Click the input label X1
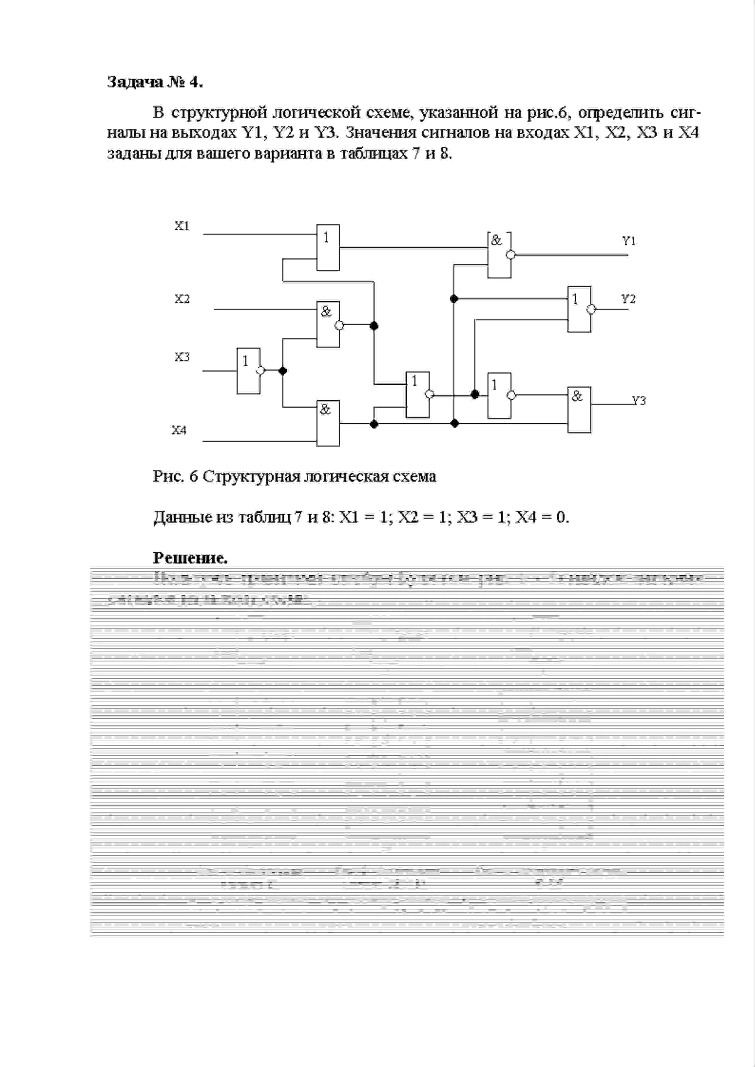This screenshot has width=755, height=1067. tap(182, 226)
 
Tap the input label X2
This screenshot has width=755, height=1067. tap(182, 299)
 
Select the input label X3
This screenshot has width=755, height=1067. tap(182, 357)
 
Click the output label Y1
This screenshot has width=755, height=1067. tap(629, 241)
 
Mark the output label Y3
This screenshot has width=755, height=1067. tap(639, 401)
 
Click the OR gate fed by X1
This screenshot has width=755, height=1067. tap(328, 247)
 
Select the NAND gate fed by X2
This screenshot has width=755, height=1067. tap(328, 324)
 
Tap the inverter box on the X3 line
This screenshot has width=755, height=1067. tap(248, 370)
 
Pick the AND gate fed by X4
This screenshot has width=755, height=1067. tap(328, 423)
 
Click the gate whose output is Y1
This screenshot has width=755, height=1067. tap(499, 255)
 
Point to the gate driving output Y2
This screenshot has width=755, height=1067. tap(579, 309)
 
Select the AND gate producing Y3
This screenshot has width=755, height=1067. tap(579, 409)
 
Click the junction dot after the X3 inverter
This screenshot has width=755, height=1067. tap(282, 370)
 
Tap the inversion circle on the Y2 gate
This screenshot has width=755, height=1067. tap(591, 309)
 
